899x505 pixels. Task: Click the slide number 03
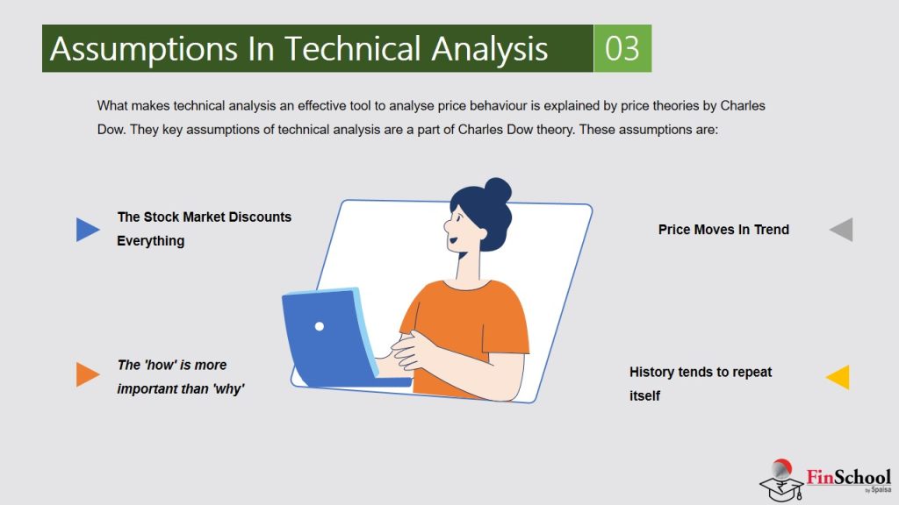point(622,48)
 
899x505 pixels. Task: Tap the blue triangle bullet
point(87,230)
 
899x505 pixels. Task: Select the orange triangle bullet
point(87,374)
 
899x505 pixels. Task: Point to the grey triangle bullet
point(842,230)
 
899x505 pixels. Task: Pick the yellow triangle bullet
point(838,377)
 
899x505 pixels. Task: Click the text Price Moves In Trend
point(723,230)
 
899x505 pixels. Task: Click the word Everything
point(151,240)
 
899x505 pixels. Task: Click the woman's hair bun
point(497,191)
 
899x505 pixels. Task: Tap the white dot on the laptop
point(320,326)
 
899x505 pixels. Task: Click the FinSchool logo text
point(848,479)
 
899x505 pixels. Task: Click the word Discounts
point(260,217)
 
